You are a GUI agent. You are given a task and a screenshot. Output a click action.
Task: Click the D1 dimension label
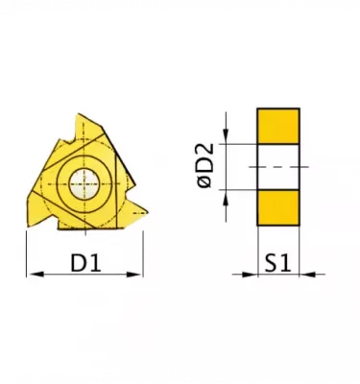point(85,263)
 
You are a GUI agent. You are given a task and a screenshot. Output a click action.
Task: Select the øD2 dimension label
point(205,165)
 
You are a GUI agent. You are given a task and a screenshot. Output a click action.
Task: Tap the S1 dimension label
point(277,263)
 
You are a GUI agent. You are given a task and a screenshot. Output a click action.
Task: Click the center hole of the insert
point(84,184)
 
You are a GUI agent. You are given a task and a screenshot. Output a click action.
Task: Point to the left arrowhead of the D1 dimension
point(36,275)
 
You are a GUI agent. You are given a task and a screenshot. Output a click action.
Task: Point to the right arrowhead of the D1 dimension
point(133,275)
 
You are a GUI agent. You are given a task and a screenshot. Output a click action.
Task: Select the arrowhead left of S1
point(250,275)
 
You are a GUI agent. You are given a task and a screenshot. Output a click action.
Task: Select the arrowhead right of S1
point(307,275)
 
